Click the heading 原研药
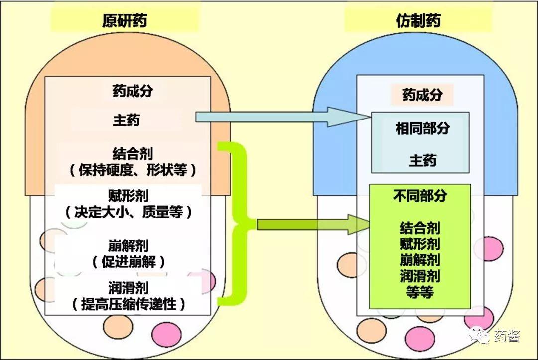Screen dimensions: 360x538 (x=124, y=20)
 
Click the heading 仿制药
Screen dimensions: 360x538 (x=418, y=20)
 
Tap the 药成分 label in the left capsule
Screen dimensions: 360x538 (x=132, y=91)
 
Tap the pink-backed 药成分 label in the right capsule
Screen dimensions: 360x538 (x=421, y=95)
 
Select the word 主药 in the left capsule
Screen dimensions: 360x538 (x=127, y=120)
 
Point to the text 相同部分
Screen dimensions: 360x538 (x=422, y=128)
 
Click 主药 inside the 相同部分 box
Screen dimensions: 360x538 (x=422, y=160)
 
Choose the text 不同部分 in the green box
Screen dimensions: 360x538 (x=419, y=196)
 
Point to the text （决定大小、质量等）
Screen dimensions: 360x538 (x=128, y=212)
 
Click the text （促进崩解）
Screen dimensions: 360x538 (x=128, y=262)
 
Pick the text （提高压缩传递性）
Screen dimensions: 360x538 (x=128, y=303)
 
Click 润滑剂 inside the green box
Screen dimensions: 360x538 (x=419, y=276)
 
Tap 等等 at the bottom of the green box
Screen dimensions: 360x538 (x=419, y=291)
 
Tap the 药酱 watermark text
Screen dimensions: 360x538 (x=507, y=336)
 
